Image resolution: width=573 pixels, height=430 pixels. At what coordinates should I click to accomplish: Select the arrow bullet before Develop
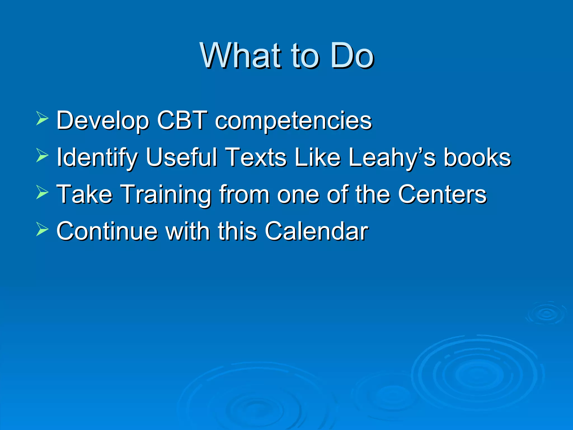[42, 118]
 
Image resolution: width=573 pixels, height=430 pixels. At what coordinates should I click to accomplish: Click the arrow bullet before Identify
[42, 155]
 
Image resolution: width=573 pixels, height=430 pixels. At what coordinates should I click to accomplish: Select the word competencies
[293, 121]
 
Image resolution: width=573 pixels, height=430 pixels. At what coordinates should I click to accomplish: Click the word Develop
[102, 121]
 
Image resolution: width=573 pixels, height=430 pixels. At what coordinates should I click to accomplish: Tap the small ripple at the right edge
[546, 313]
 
